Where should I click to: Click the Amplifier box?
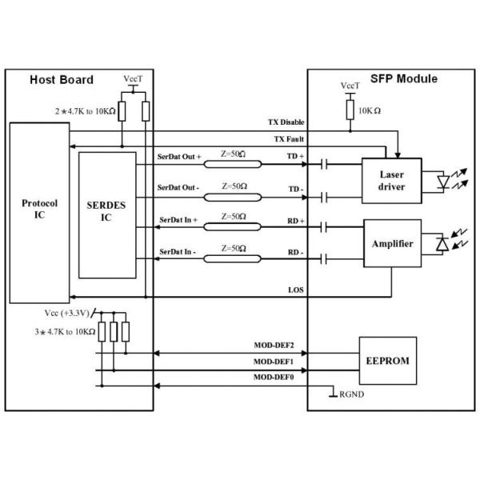point(392,242)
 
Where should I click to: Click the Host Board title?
point(62,80)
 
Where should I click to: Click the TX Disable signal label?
point(286,123)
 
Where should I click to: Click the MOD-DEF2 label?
point(274,346)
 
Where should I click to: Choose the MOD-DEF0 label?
point(274,376)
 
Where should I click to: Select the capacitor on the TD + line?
point(323,166)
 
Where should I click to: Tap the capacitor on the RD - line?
point(323,259)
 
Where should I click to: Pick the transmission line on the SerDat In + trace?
point(233,227)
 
